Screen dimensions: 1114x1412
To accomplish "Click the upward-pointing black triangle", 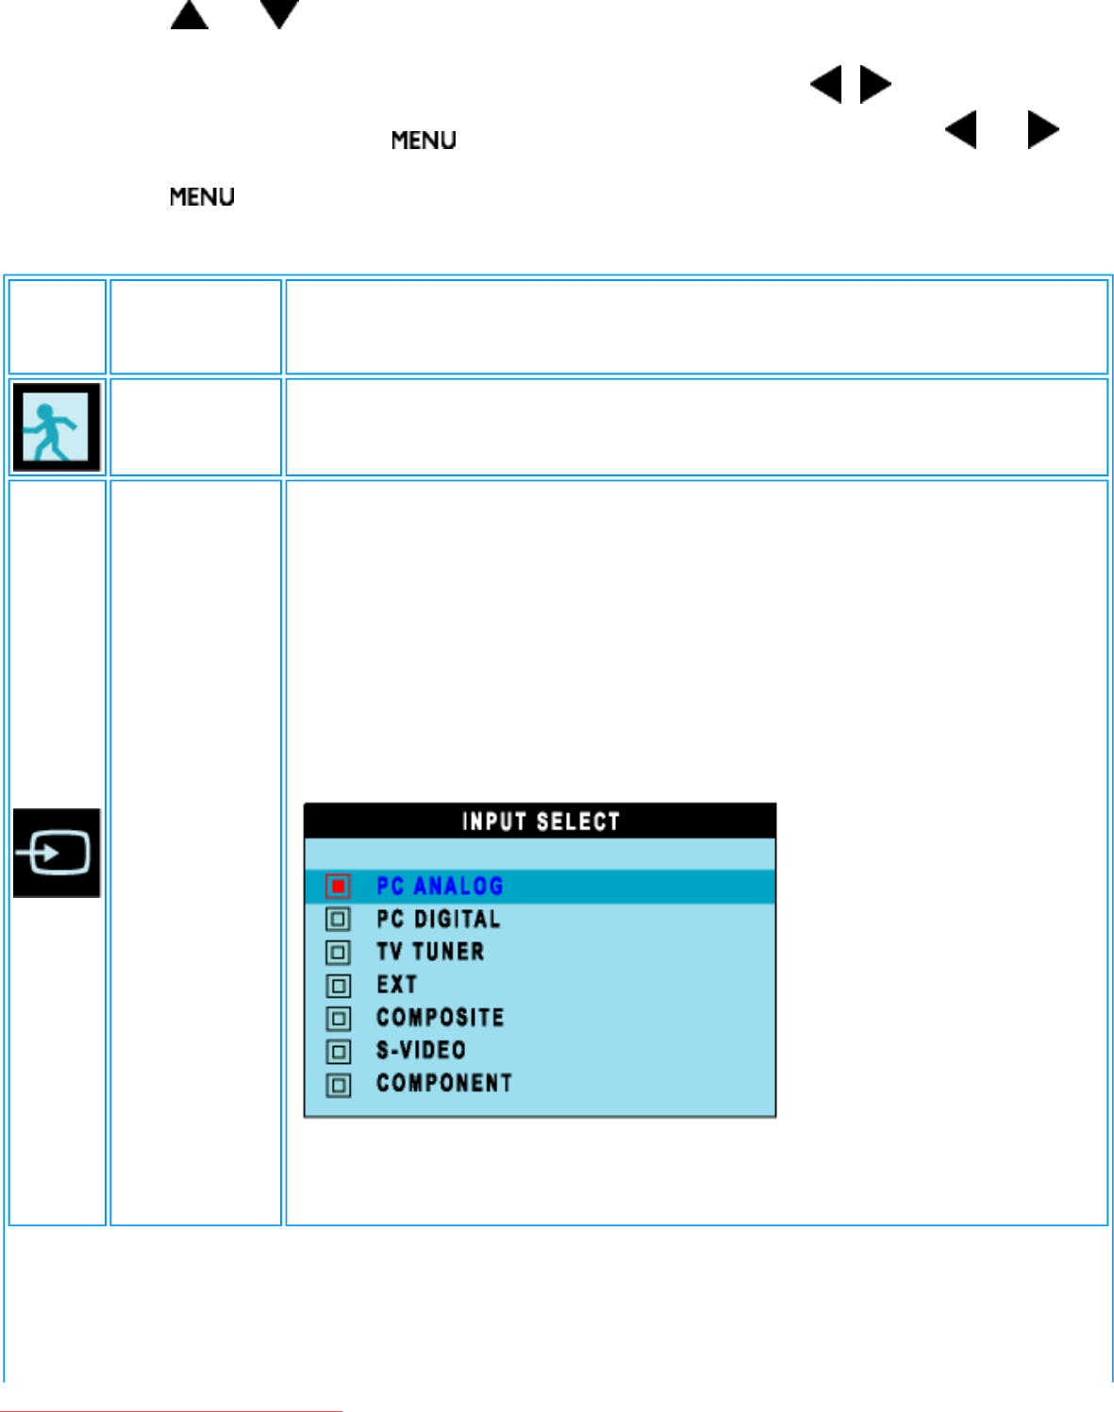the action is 190,16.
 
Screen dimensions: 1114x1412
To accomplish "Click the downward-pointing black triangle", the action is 279,14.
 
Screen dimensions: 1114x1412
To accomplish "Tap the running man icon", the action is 56,427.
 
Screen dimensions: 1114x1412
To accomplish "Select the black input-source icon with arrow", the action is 56,853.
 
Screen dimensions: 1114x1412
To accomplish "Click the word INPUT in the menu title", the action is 493,822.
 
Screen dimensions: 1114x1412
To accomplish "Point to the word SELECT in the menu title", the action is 578,822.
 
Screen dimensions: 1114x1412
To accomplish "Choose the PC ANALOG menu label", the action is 440,886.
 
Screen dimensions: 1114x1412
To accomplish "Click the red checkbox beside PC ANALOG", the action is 338,886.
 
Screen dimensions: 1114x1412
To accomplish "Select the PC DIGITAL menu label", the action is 438,919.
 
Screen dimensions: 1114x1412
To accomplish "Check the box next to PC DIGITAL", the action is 338,919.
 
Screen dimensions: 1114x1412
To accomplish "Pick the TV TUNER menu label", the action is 430,952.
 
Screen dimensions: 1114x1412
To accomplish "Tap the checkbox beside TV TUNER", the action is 338,953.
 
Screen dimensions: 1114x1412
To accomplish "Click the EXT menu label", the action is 396,985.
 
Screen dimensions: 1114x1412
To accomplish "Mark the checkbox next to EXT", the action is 338,986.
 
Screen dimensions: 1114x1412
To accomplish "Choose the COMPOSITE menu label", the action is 440,1018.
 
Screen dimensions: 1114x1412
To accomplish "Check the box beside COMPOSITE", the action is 338,1019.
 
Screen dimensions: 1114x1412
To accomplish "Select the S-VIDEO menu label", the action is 421,1051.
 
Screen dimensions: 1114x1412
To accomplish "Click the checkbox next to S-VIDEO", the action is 338,1052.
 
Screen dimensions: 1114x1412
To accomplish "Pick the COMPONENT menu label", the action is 443,1084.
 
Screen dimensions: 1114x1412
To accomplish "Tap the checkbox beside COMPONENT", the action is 338,1085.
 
